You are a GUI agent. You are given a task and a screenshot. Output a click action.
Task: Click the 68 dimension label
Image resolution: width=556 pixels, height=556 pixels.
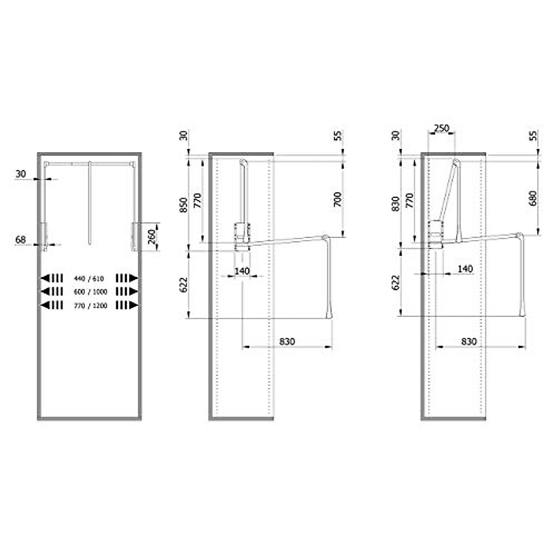20,240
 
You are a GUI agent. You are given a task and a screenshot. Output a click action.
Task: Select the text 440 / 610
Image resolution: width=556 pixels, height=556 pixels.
88,278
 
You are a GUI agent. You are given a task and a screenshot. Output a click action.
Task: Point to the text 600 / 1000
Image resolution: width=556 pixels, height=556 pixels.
90,292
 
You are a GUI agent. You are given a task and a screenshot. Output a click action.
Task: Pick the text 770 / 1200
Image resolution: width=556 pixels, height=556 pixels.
90,305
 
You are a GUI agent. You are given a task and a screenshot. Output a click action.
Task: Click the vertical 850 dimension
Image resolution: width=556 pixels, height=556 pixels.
183,204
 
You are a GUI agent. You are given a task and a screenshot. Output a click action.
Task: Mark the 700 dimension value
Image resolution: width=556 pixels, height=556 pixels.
338,199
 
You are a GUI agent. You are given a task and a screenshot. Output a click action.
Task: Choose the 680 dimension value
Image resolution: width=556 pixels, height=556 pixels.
532,198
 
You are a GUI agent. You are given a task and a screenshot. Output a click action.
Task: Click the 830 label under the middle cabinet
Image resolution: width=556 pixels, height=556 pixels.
287,341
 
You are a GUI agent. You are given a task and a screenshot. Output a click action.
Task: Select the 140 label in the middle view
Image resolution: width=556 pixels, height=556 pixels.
241,271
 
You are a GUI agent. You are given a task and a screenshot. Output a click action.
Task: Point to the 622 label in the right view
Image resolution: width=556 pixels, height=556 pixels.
395,283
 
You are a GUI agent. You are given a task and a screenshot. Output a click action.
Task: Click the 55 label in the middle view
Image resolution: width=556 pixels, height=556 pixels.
338,135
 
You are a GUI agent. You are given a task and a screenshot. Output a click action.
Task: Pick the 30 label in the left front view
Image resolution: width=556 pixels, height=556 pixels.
20,174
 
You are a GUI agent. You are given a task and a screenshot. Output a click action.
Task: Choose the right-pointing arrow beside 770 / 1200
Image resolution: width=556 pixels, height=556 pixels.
134,305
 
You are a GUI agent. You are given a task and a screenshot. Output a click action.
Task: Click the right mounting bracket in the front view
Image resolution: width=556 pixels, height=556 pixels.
135,237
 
